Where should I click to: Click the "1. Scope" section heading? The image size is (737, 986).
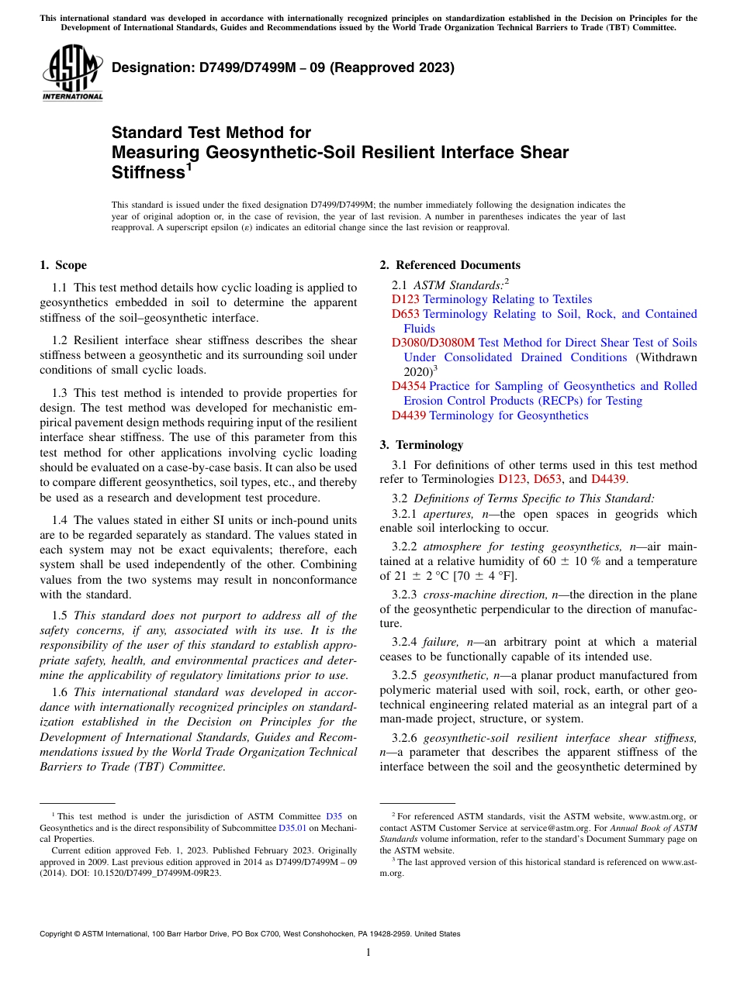pyautogui.click(x=63, y=265)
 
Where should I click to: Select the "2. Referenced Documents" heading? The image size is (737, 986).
pyautogui.click(x=450, y=265)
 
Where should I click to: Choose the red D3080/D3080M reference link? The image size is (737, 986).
pyautogui.click(x=433, y=343)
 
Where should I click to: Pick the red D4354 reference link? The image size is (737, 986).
pyautogui.click(x=409, y=386)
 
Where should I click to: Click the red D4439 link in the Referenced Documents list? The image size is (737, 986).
pyautogui.click(x=409, y=415)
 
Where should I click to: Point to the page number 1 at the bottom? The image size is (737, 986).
pyautogui.click(x=368, y=952)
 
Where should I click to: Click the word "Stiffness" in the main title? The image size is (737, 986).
pyautogui.click(x=147, y=173)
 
